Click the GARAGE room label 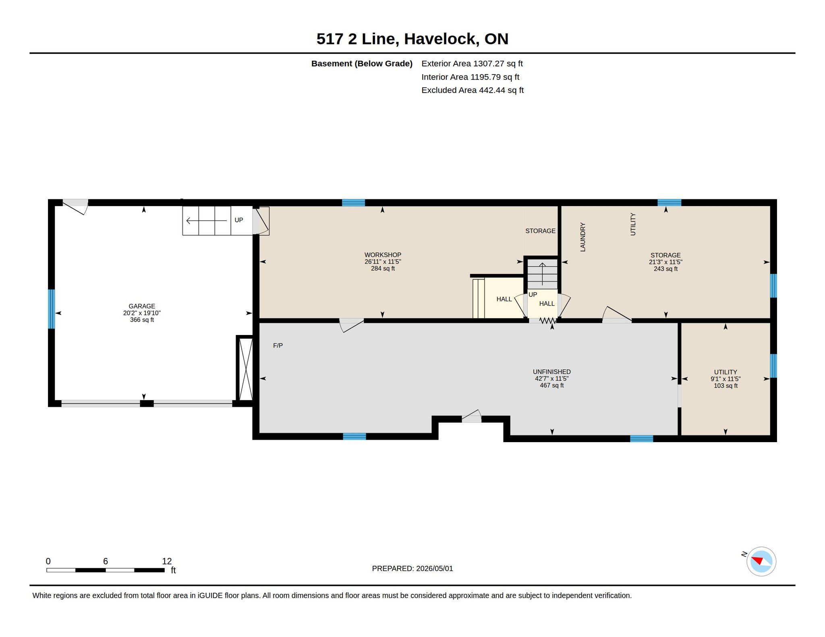[142, 306]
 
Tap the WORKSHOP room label [383, 255]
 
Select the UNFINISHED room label [551, 372]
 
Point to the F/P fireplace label [278, 345]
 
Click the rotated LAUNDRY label [582, 237]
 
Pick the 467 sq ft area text [551, 385]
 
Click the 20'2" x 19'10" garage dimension [142, 313]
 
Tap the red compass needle [757, 560]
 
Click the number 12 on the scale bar [167, 561]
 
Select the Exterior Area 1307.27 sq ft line [472, 64]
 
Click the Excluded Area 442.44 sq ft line [473, 90]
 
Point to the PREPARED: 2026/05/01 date [412, 569]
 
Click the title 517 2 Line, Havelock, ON [412, 39]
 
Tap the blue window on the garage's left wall [51, 309]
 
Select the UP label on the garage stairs [239, 220]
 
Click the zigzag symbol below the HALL [548, 321]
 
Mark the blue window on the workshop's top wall [353, 203]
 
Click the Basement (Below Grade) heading [362, 64]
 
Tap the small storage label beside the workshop [540, 231]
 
